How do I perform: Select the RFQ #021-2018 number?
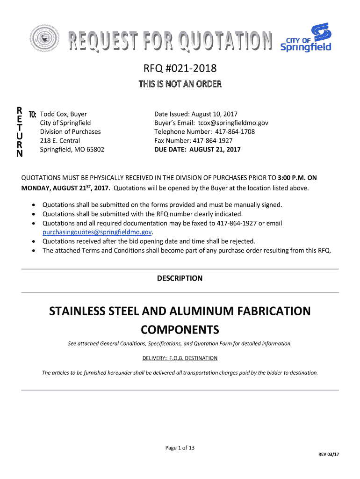180,69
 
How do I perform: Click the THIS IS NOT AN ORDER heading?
180,85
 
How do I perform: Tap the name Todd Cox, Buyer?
63,114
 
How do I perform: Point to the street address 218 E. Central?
60,141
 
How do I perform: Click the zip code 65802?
94,150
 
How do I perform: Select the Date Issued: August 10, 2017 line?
196,114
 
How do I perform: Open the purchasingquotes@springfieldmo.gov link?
97,232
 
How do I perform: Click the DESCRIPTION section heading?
180,279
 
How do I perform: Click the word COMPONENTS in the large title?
180,330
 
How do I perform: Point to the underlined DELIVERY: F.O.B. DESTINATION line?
180,358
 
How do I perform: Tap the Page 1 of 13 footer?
180,448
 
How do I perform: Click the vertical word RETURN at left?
19,132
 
